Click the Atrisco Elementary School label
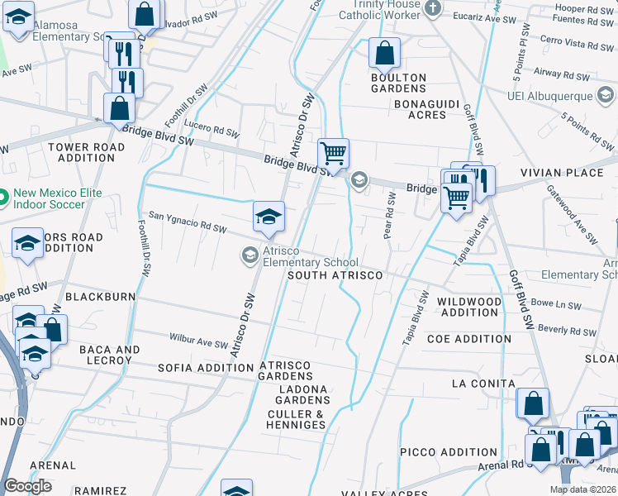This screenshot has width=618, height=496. click(311, 257)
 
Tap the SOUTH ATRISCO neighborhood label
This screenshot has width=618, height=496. click(335, 275)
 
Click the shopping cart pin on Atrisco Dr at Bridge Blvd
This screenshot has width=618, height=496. click(333, 153)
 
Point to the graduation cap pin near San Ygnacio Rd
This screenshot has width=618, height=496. click(269, 217)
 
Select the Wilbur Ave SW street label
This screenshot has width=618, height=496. click(198, 339)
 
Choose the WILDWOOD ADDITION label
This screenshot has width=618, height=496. click(469, 307)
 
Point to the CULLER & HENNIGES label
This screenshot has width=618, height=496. click(296, 419)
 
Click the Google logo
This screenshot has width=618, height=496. click(27, 486)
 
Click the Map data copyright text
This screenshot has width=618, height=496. click(582, 489)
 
